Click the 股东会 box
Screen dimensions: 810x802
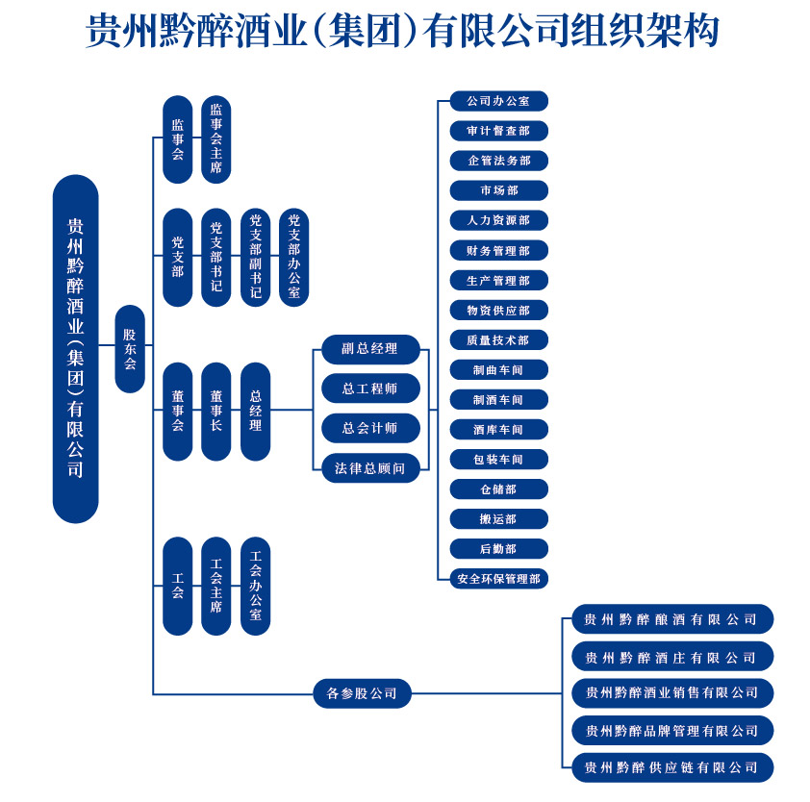click(x=130, y=348)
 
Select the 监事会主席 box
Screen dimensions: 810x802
click(x=215, y=138)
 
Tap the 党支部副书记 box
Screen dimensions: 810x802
click(x=255, y=257)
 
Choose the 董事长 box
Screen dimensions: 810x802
click(x=215, y=411)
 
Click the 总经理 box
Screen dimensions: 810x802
click(x=255, y=411)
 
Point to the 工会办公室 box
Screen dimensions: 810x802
click(x=255, y=586)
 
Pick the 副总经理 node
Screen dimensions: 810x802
click(x=370, y=349)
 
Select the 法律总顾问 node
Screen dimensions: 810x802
click(x=370, y=468)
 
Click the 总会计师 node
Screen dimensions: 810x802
click(x=370, y=428)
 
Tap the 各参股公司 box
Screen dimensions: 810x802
click(x=362, y=693)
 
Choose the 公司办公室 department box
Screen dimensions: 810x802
click(x=499, y=101)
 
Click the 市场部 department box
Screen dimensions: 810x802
click(x=499, y=190)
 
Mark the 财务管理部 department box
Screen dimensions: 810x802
click(x=499, y=250)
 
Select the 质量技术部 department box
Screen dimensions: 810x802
click(x=499, y=340)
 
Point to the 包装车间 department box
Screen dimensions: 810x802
click(x=499, y=459)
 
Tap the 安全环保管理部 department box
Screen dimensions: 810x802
click(x=499, y=579)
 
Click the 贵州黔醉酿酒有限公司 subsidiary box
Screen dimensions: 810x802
click(x=672, y=618)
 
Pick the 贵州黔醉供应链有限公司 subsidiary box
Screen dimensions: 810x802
click(x=672, y=768)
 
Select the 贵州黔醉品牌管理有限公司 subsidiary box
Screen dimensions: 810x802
click(x=672, y=730)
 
